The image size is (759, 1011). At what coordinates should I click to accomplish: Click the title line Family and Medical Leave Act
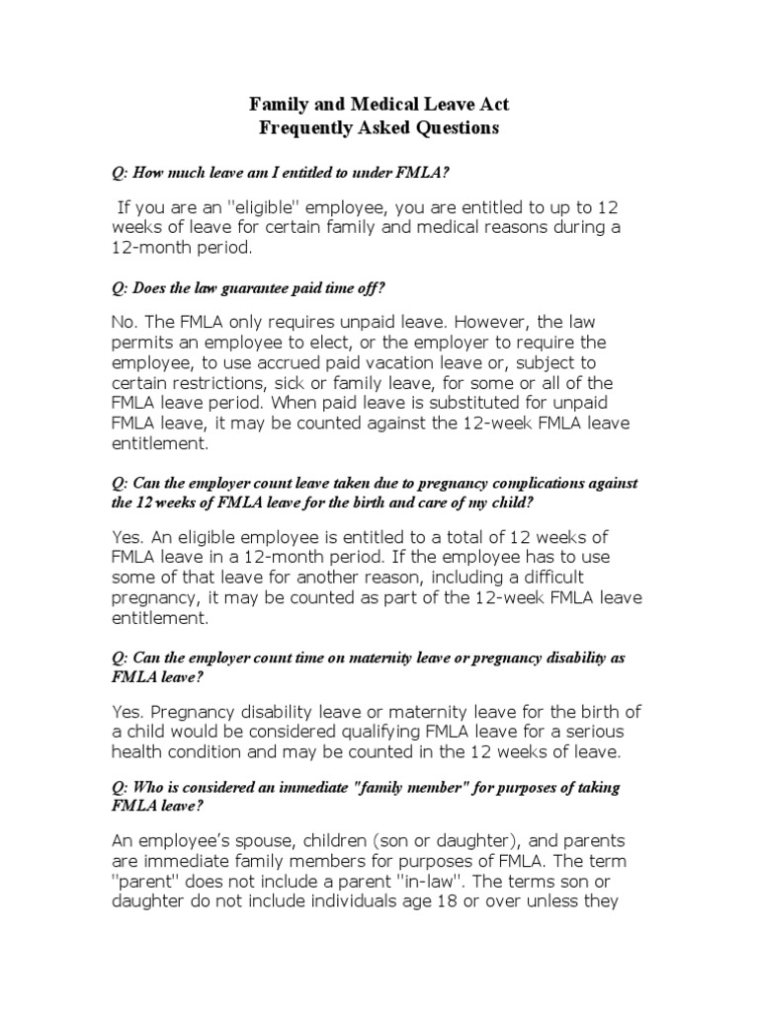point(379,104)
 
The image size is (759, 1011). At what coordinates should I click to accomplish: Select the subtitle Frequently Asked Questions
point(379,127)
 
